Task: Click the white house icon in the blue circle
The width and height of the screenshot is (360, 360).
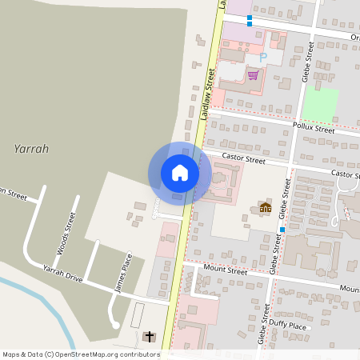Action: pos(180,173)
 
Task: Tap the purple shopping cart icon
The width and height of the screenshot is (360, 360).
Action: pos(253,75)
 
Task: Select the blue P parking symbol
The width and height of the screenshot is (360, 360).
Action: pos(262,58)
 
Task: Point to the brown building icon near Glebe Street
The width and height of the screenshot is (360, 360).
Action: pos(266,208)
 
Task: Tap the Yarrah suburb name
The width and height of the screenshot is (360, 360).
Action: pos(31,149)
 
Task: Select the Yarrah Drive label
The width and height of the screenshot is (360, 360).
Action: pos(62,273)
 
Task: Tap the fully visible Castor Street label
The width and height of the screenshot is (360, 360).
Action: pos(243,160)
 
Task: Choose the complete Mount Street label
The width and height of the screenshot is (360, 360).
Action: pos(226,271)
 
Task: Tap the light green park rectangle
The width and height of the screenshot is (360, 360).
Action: pos(320,105)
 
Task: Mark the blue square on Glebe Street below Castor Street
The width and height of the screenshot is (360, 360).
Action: pos(282,230)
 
